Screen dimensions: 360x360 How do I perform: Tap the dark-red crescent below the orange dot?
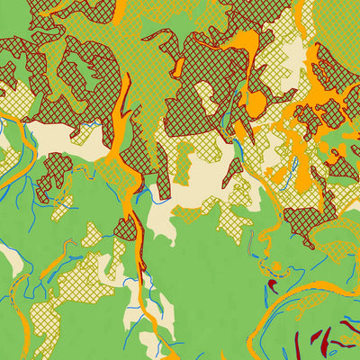point(273,286)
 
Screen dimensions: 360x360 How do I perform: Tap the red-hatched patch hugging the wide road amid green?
point(126,229)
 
